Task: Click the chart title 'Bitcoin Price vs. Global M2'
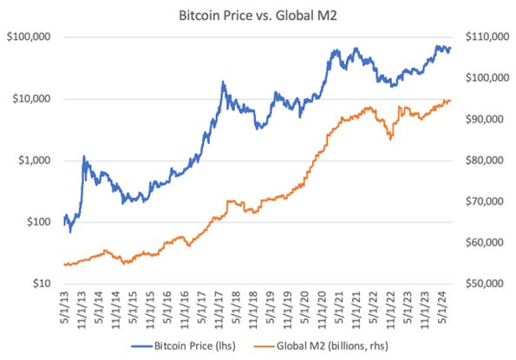pos(258,14)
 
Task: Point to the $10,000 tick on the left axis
pos(30,99)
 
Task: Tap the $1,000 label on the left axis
pos(33,160)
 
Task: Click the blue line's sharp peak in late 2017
pos(223,82)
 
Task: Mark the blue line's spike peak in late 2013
pos(84,157)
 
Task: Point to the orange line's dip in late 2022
pos(390,139)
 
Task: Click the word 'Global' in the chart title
pos(290,14)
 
